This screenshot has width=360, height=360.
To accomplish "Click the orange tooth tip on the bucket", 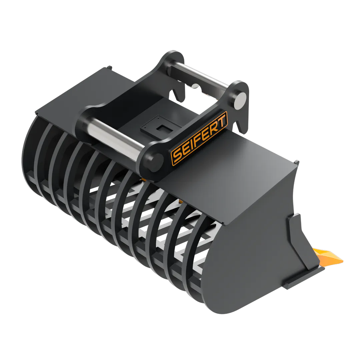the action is coord(329,256).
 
